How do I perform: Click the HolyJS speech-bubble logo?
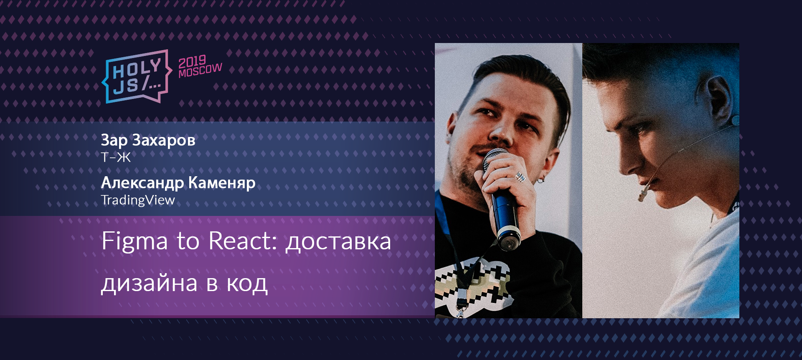click(x=137, y=77)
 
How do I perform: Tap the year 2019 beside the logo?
click(x=192, y=62)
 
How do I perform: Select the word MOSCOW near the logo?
click(x=200, y=71)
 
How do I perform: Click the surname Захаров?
click(x=164, y=140)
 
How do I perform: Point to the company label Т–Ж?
click(x=116, y=157)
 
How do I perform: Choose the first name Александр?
click(x=142, y=183)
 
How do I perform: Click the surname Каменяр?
click(x=222, y=183)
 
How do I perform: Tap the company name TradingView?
click(x=138, y=200)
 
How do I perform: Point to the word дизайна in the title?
click(x=149, y=284)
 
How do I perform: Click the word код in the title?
click(x=247, y=284)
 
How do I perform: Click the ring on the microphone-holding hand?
click(x=520, y=177)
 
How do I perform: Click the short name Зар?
click(x=114, y=140)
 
